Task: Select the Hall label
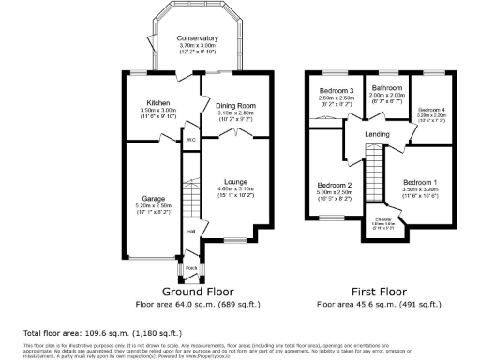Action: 191,231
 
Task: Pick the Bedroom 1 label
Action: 419,181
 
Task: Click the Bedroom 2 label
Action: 334,185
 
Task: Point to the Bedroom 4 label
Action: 431,110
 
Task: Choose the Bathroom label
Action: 384,87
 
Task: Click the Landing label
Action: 378,135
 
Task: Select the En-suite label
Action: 382,219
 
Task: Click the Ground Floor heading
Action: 197,292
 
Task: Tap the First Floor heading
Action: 378,292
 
